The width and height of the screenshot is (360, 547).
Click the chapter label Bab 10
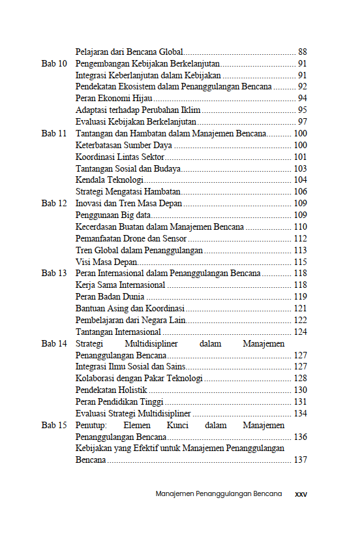[x=54, y=63]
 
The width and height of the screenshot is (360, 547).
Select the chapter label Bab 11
[x=54, y=133]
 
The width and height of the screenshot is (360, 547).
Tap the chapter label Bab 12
[x=54, y=203]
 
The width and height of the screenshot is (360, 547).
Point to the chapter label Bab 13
[x=54, y=273]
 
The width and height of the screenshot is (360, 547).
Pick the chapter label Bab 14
[x=54, y=343]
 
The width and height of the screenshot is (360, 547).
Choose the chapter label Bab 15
[x=54, y=425]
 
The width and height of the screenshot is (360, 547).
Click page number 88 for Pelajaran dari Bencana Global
[x=302, y=52]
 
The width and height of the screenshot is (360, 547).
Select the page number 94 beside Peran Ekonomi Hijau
[x=302, y=98]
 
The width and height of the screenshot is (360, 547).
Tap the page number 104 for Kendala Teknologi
[x=300, y=180]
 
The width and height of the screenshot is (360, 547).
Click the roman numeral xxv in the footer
[x=301, y=494]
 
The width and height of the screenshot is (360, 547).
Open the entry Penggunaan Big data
[x=113, y=215]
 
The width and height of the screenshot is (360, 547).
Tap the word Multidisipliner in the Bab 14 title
[x=157, y=343]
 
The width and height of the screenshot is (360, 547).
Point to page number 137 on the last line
[x=300, y=460]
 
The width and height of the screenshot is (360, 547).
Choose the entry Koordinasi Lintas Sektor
[x=120, y=157]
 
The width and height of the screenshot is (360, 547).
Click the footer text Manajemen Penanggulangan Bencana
[x=218, y=494]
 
